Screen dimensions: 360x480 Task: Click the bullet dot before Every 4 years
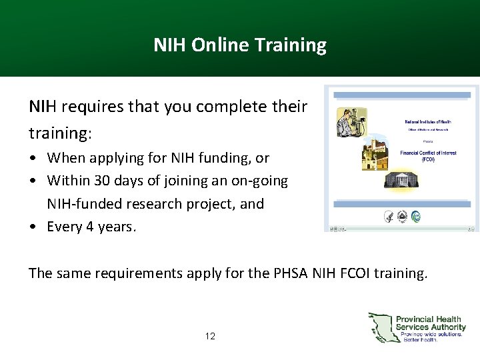33,227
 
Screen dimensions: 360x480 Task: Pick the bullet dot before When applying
33,159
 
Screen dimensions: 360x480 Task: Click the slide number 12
210,336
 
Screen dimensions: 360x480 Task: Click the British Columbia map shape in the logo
381,327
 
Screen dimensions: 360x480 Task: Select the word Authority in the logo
447,327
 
